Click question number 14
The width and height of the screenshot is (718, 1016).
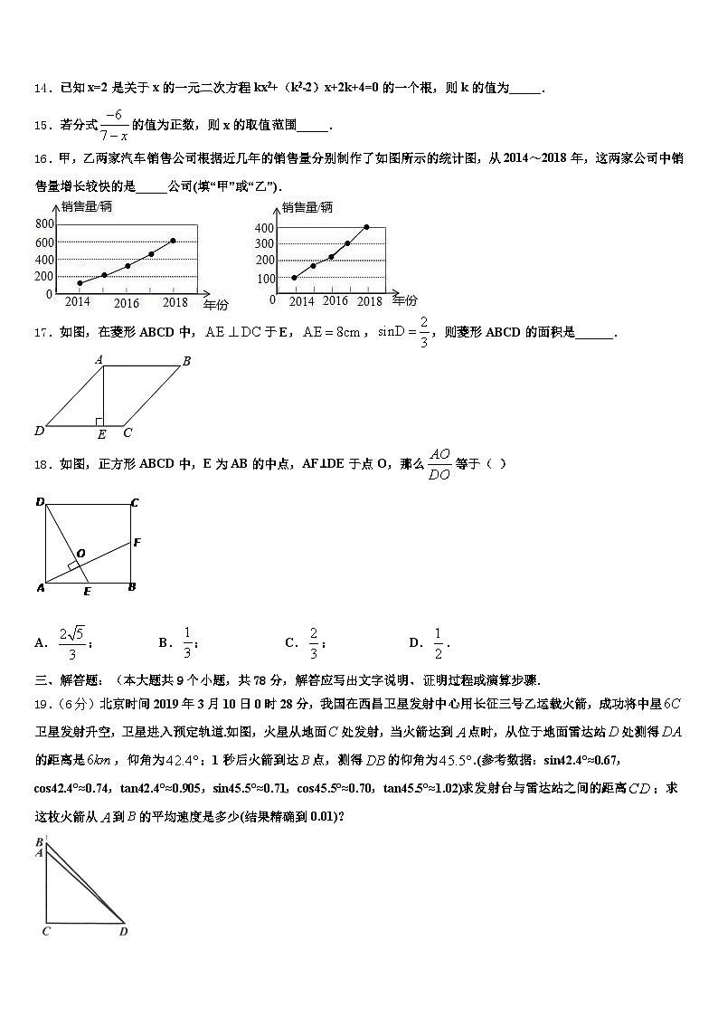coord(42,89)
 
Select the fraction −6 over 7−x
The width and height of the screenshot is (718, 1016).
coord(113,125)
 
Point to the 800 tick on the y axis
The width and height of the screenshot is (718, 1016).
coord(44,224)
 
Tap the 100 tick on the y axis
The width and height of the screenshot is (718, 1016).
coord(265,279)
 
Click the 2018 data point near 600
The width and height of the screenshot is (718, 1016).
coord(173,241)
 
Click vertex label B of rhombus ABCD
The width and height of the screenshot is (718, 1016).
coord(186,362)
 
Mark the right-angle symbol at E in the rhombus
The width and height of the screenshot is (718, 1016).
coord(99,421)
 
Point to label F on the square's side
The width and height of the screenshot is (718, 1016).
coord(137,543)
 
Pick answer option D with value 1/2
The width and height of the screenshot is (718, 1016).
coord(429,643)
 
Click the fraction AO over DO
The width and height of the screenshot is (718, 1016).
coord(439,463)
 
